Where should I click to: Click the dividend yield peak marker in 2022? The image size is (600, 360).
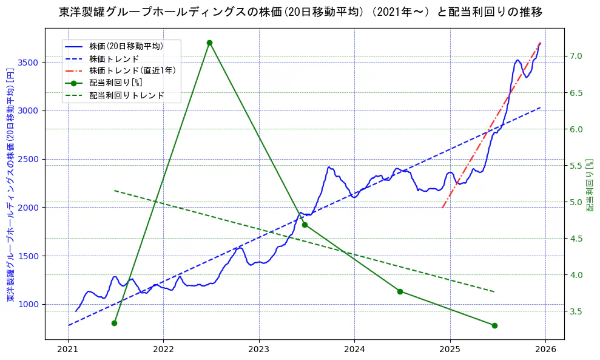(x=209, y=42)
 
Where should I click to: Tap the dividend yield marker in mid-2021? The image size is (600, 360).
(x=114, y=323)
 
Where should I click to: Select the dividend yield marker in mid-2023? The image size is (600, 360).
(x=305, y=225)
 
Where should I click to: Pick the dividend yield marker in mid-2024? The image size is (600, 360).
(x=400, y=291)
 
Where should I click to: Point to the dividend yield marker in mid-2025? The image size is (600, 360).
(x=494, y=325)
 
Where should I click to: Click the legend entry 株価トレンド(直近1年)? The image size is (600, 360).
(x=132, y=70)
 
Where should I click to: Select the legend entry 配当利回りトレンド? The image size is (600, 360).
(x=126, y=95)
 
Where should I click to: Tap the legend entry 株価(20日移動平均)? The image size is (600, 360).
(x=126, y=46)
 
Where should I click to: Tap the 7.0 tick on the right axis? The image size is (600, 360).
(x=576, y=56)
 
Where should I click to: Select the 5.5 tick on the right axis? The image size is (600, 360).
(x=576, y=165)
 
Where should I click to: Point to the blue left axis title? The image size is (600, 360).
(x=10, y=183)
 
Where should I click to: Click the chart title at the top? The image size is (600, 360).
(x=300, y=12)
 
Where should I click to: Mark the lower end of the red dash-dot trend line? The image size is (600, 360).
(x=443, y=208)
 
